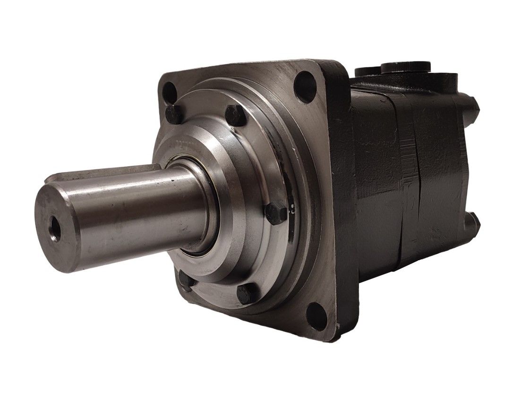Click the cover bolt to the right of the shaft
pyautogui.click(x=275, y=213)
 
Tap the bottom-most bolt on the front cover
pyautogui.click(x=247, y=294)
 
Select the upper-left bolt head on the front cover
pyautogui.click(x=173, y=114)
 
